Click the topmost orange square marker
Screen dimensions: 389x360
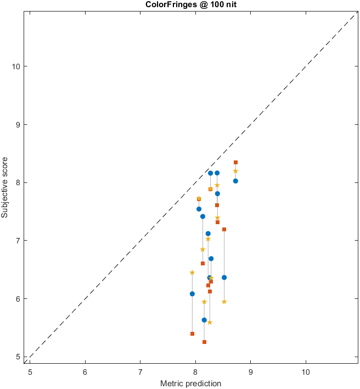tap(235, 163)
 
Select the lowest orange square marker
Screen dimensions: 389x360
tap(204, 342)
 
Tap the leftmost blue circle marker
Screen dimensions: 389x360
tap(192, 294)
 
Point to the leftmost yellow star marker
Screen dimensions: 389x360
tap(192, 273)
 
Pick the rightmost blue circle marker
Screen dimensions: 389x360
tap(235, 181)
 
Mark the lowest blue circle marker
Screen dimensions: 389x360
tap(204, 320)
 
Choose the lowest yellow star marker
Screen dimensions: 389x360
tap(210, 323)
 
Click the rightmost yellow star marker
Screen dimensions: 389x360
tap(235, 171)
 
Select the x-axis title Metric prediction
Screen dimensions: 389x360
tap(190, 383)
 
